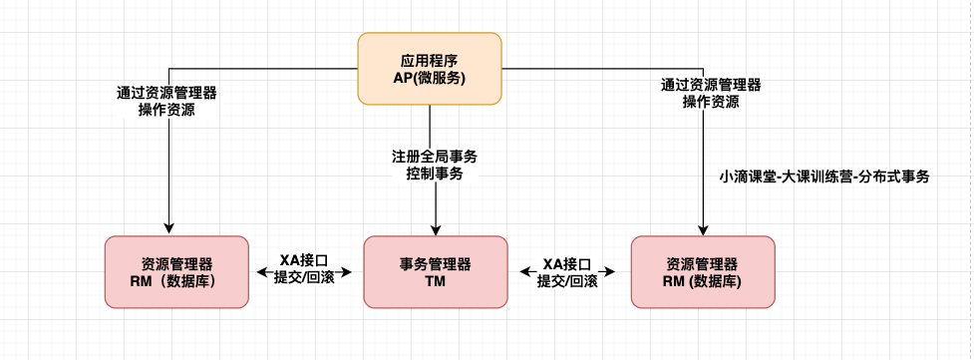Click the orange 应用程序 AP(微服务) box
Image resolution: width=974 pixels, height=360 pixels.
coord(430,69)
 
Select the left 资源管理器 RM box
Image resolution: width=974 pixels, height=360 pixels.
coord(176,271)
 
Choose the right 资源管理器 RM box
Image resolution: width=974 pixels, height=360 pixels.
coord(702,271)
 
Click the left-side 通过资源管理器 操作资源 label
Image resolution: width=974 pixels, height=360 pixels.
coord(166,101)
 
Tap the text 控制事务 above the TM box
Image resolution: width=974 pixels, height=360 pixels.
coord(435,174)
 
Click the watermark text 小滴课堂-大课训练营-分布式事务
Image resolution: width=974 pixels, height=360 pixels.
coord(823,177)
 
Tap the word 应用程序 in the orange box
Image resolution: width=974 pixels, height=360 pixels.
coord(430,59)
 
